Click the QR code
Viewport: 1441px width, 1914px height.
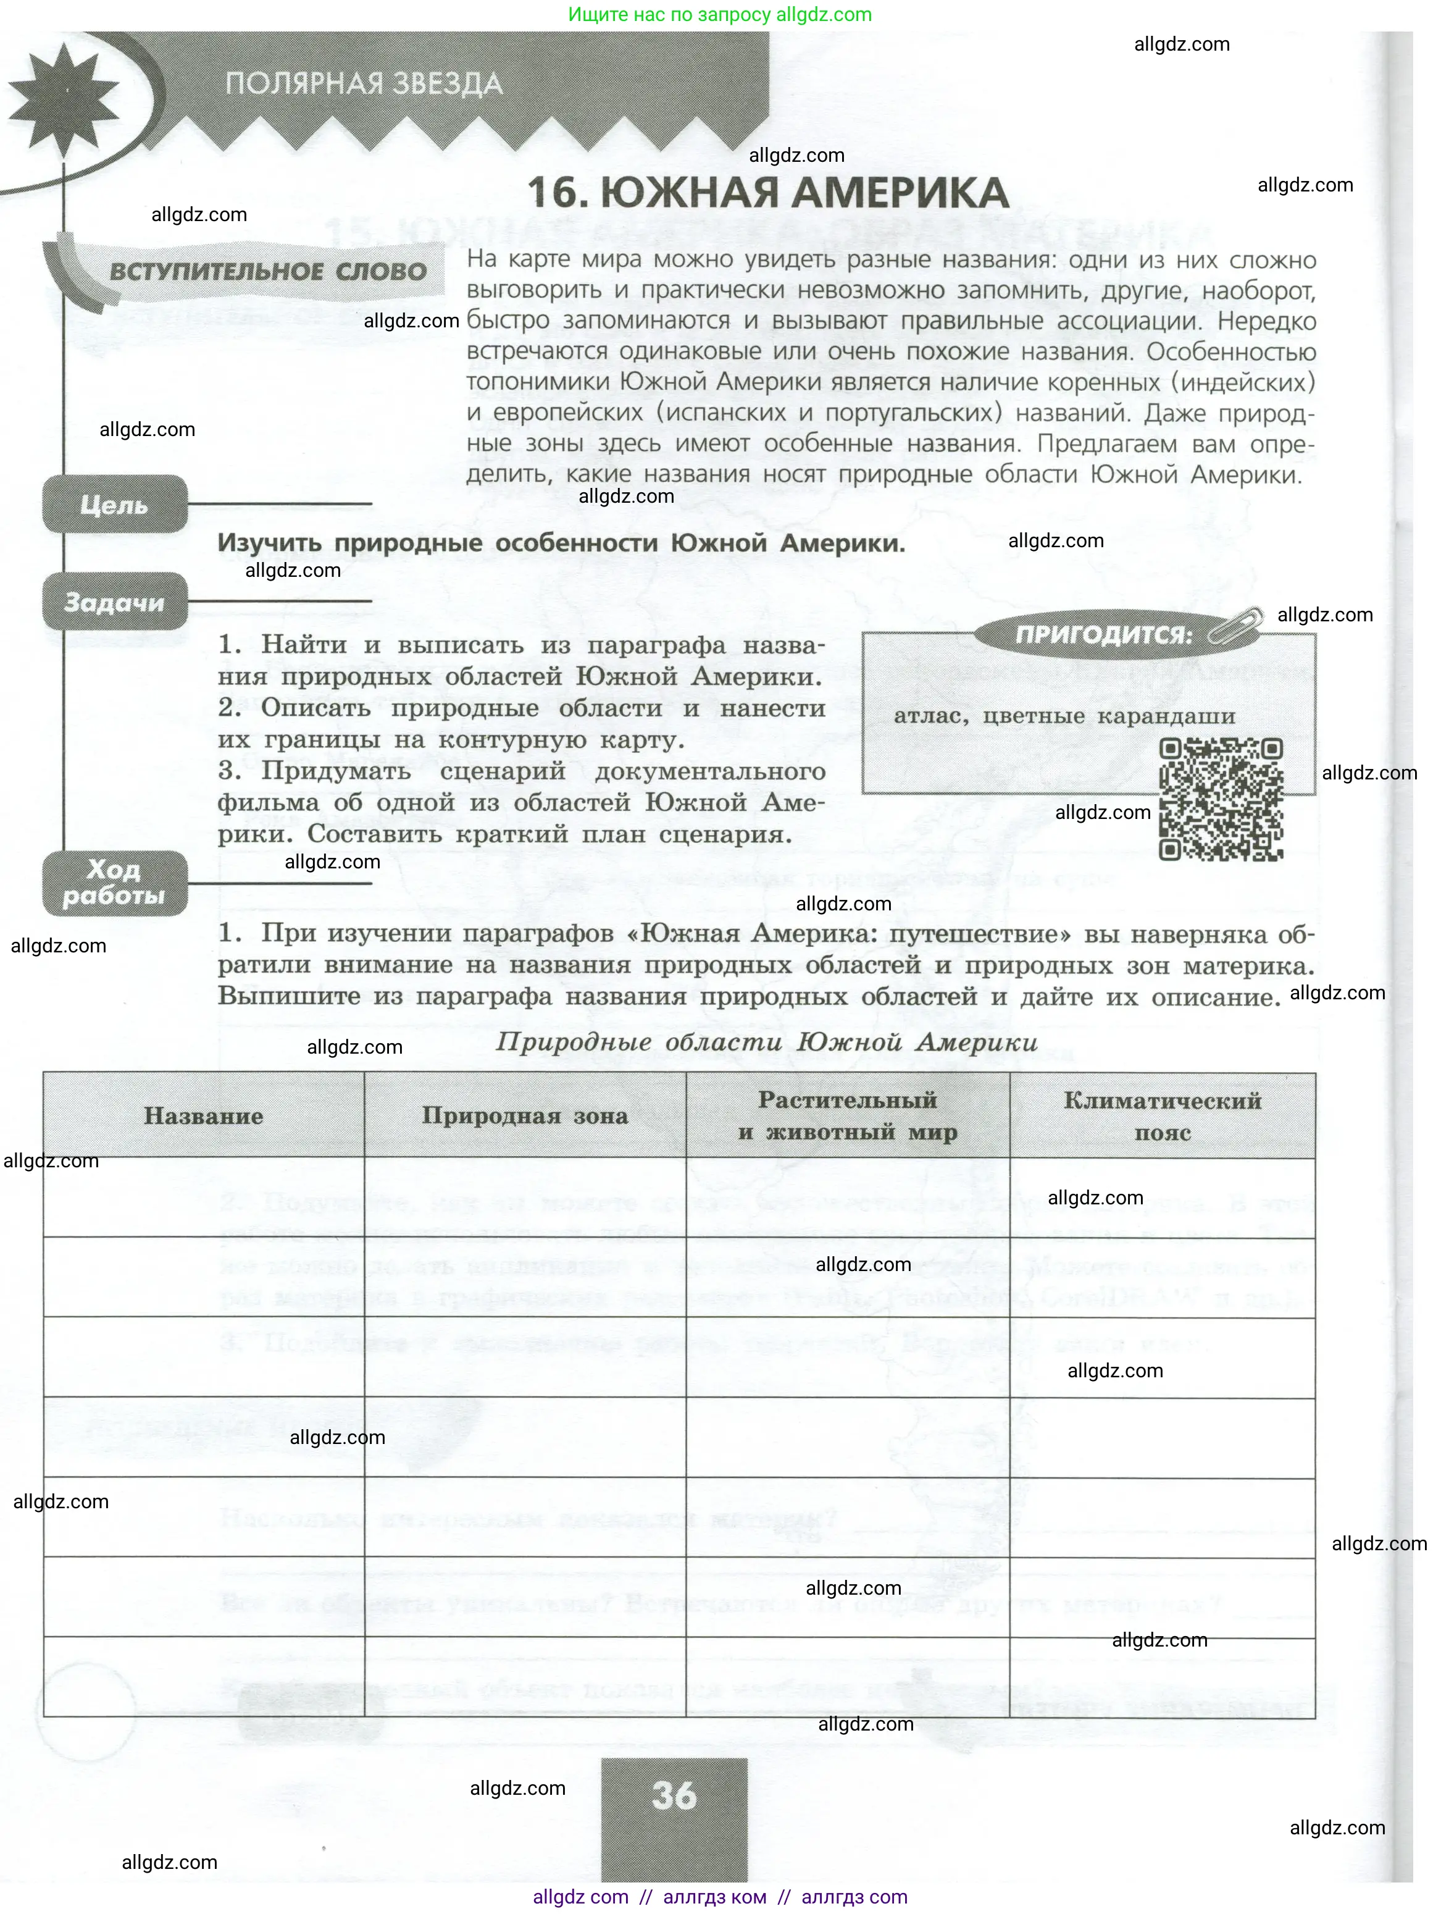(x=1221, y=800)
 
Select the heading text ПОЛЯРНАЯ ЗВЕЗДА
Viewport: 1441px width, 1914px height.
(x=363, y=84)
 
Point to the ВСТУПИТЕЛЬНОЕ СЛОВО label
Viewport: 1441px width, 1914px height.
(x=268, y=272)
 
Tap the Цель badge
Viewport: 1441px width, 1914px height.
(x=114, y=505)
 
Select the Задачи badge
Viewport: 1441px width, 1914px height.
(x=114, y=602)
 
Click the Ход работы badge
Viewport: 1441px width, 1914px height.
(x=114, y=883)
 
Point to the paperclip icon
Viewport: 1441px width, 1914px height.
(x=1234, y=626)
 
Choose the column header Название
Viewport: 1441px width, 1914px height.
(x=203, y=1116)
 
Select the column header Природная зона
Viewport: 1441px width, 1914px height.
(x=525, y=1116)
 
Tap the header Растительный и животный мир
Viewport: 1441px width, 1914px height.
(x=848, y=1116)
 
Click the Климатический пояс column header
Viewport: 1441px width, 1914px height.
(x=1163, y=1116)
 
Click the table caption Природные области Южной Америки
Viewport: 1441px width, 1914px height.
(x=766, y=1042)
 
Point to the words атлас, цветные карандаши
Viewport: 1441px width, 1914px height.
(x=1064, y=716)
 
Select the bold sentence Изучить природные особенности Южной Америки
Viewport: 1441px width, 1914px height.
(x=561, y=544)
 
